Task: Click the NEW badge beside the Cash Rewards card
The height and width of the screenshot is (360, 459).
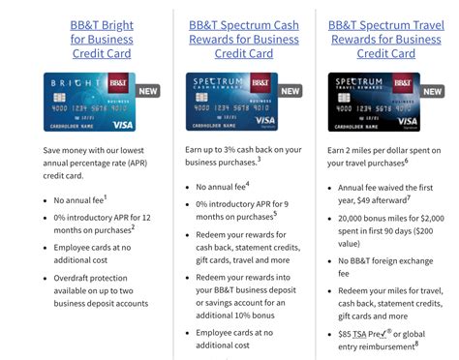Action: click(291, 91)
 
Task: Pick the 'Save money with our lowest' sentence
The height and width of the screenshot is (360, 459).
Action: click(94, 152)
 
